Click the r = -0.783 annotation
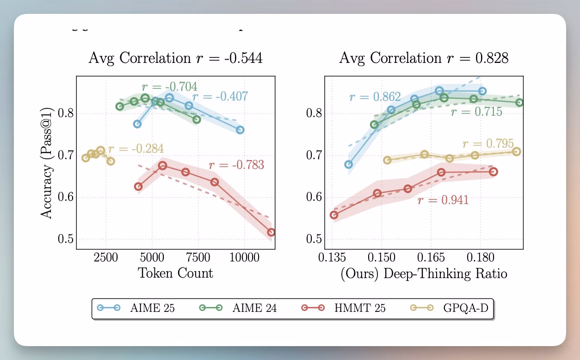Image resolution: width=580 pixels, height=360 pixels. (236, 165)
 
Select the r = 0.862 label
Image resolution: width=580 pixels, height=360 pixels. (375, 97)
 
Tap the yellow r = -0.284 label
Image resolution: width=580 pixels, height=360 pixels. (136, 149)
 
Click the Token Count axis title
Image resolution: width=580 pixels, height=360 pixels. (176, 273)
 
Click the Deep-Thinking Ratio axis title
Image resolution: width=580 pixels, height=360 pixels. (424, 274)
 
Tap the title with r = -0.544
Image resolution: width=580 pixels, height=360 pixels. (175, 58)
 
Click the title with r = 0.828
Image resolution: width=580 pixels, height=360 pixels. (424, 58)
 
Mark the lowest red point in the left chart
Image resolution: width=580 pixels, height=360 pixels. (271, 232)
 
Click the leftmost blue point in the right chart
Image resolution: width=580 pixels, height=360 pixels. (349, 164)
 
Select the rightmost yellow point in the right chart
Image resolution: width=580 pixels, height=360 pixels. (517, 152)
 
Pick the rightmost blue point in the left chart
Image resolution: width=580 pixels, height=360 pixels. (240, 130)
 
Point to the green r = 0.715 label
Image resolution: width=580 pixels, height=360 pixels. (476, 112)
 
